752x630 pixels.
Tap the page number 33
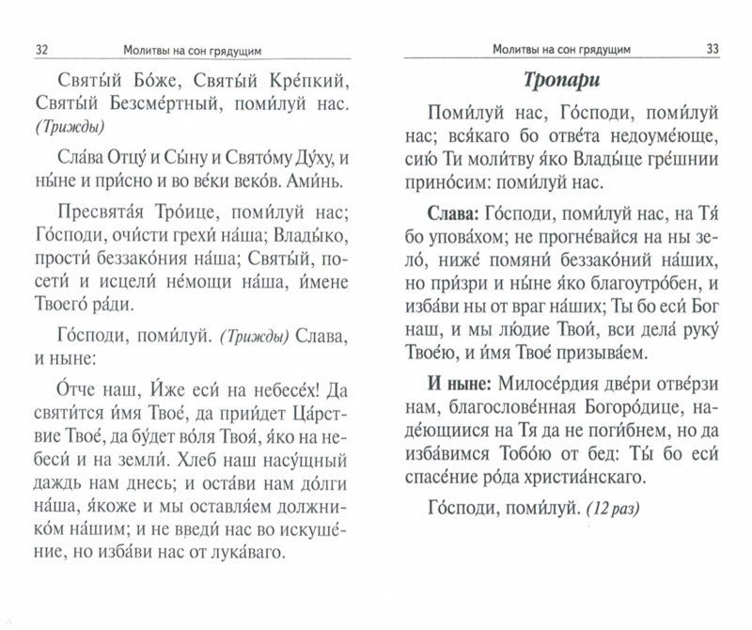711,49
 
